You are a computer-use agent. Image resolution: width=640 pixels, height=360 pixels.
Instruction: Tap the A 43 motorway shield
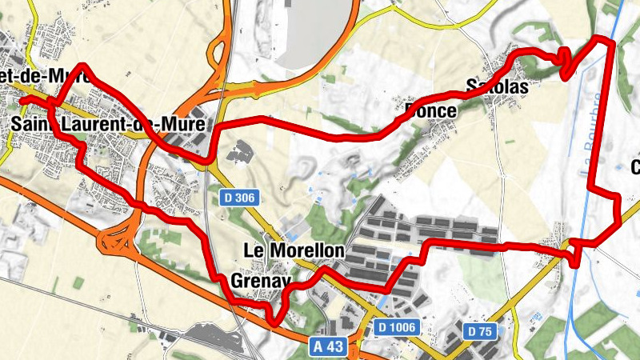tap(329, 346)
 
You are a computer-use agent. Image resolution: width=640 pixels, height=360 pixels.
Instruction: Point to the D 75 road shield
tap(481, 330)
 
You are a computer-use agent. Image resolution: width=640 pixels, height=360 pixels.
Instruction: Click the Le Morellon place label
tap(293, 251)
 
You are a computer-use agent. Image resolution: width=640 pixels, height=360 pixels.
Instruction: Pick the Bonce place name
tap(430, 110)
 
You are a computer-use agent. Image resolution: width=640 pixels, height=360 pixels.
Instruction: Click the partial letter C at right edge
tap(636, 168)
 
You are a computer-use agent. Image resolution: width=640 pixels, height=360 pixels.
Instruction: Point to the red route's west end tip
tap(23, 99)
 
